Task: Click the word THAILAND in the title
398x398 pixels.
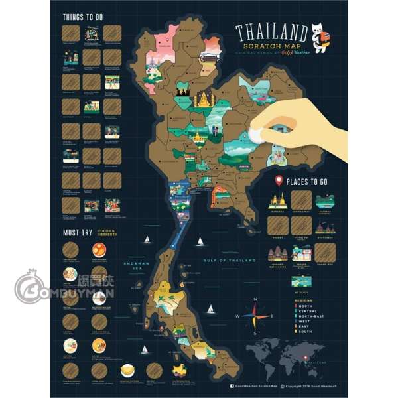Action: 271,32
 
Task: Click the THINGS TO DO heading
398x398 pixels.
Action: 82,17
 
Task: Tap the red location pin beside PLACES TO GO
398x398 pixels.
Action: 279,180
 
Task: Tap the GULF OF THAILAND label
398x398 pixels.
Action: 229,261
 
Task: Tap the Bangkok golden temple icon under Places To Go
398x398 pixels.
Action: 278,202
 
